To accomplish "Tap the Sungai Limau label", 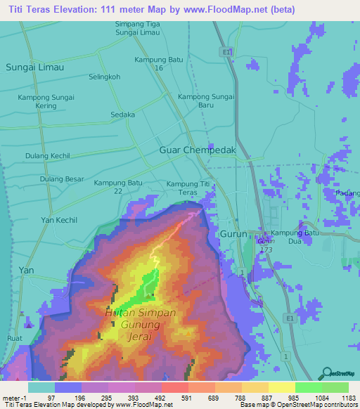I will [x=34, y=67].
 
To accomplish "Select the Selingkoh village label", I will [x=105, y=76].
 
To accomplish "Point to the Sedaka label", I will [x=122, y=115].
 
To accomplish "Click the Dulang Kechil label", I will [x=48, y=155].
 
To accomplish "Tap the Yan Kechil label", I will [x=58, y=220].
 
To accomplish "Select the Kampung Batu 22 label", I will [x=118, y=187].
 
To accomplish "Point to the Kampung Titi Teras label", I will [x=188, y=188].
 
